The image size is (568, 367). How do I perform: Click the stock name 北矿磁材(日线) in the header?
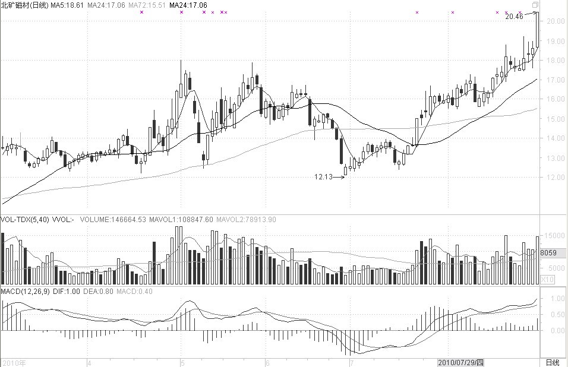24,5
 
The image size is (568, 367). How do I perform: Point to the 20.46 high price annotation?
514,17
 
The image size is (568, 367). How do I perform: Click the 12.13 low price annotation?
324,176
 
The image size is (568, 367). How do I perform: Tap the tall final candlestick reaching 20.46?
537,30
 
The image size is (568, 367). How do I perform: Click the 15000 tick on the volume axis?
552,236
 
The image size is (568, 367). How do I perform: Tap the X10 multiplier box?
548,279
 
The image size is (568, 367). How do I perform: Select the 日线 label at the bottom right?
553,362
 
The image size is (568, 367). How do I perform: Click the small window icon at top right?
535,5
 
